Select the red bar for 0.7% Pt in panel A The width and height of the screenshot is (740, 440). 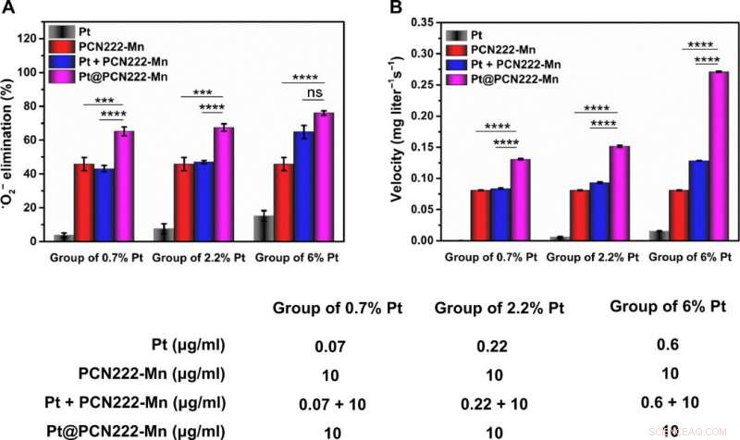point(84,202)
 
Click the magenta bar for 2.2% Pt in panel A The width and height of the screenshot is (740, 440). point(223,184)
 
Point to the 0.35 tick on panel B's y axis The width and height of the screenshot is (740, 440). point(419,21)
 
